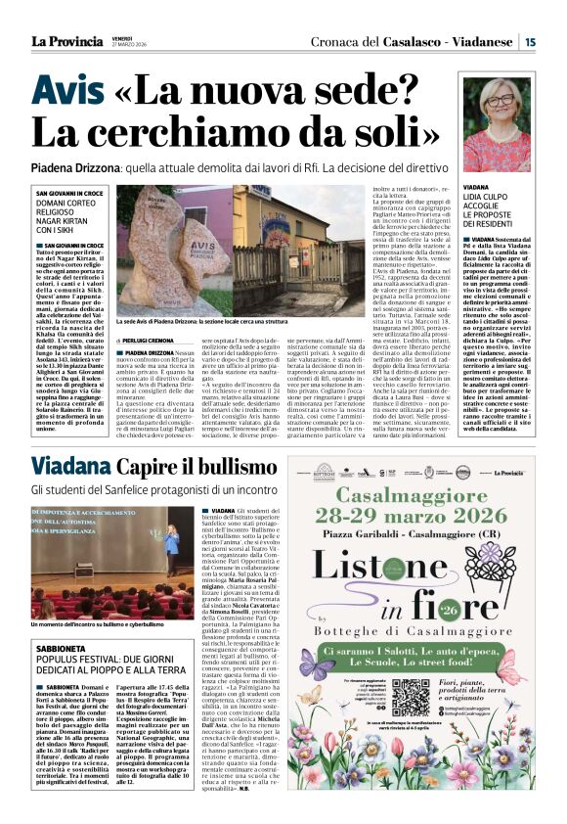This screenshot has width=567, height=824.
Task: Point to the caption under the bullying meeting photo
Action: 98,623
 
